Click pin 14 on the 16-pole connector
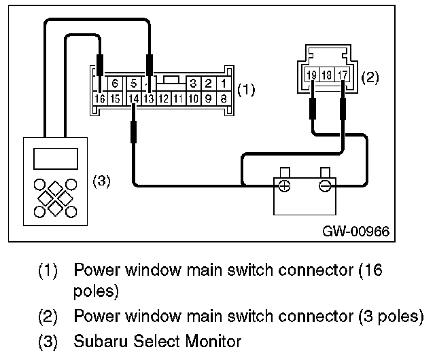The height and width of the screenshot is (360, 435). tap(134, 98)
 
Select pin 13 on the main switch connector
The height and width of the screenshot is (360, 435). tap(149, 98)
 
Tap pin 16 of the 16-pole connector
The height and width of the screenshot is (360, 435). tap(100, 98)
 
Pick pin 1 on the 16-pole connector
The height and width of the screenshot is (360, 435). tap(224, 83)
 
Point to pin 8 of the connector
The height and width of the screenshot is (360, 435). tap(224, 98)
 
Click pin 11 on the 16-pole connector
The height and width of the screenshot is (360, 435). tap(179, 98)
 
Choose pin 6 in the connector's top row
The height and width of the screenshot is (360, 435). tap(115, 83)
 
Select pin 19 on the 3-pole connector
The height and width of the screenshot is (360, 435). tap(312, 74)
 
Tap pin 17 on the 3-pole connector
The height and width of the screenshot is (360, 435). tap(343, 74)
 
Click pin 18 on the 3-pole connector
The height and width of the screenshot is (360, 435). tap(327, 74)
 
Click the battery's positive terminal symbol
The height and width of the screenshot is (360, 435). tap(284, 186)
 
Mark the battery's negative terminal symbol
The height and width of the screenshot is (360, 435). tap(325, 186)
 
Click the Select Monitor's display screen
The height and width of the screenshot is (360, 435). tap(56, 159)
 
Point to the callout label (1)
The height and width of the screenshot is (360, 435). tap(246, 90)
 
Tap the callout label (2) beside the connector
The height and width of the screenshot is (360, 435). tap(370, 77)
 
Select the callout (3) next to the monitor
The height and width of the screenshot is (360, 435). tap(101, 181)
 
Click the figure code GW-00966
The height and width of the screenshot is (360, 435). tap(356, 231)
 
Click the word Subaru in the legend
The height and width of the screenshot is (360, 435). tap(101, 341)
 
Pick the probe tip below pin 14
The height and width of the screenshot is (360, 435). tap(133, 132)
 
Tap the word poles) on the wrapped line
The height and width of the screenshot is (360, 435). tap(96, 292)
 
